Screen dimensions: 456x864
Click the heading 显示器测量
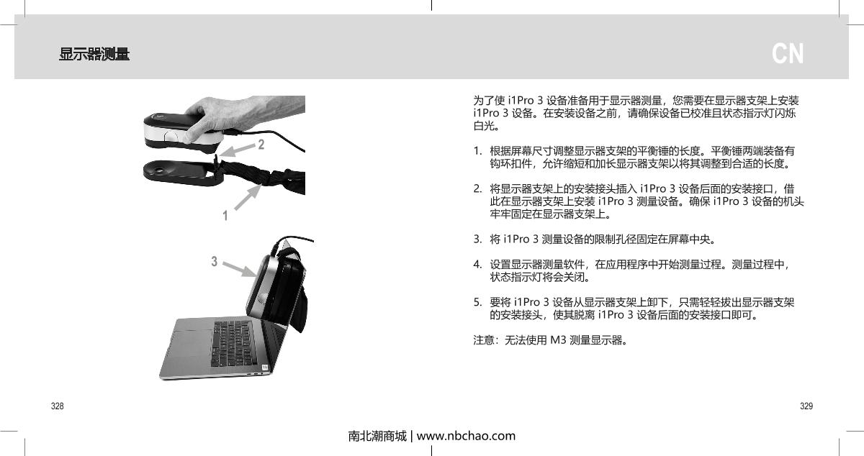pos(94,54)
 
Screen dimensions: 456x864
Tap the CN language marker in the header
pos(788,54)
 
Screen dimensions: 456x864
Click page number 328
pos(56,407)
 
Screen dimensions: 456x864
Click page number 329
pos(806,407)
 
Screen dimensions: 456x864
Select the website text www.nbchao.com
pos(466,436)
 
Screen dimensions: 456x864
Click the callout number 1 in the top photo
pos(225,215)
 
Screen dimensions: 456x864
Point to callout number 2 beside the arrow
pos(261,145)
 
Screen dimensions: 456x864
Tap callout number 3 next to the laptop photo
pos(214,261)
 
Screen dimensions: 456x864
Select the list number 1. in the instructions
pos(477,152)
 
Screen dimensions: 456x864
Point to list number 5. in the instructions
pos(477,302)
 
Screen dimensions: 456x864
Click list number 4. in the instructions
pos(477,265)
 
